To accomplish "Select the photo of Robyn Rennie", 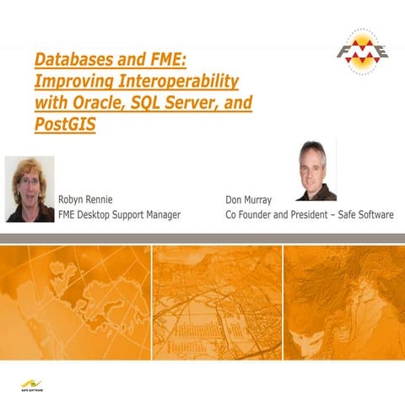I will pyautogui.click(x=30, y=189).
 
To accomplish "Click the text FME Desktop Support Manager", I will pyautogui.click(x=118, y=216).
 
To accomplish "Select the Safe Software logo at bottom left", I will pyautogui.click(x=33, y=387).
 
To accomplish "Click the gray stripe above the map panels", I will pyautogui.click(x=202, y=239).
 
